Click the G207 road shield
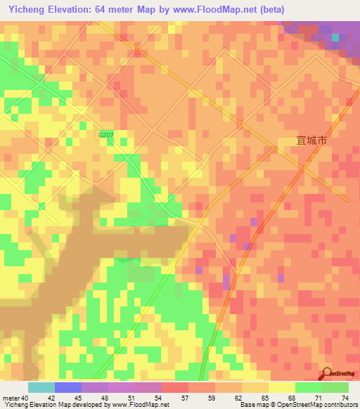(105, 135)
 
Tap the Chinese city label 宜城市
(312, 141)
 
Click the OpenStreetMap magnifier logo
(328, 374)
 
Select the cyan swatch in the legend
(41, 387)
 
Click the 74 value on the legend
(346, 397)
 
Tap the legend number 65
(266, 397)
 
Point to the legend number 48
(105, 397)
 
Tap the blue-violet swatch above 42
(68, 387)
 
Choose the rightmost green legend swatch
(335, 387)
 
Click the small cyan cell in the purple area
(335, 37)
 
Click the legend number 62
(239, 397)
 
